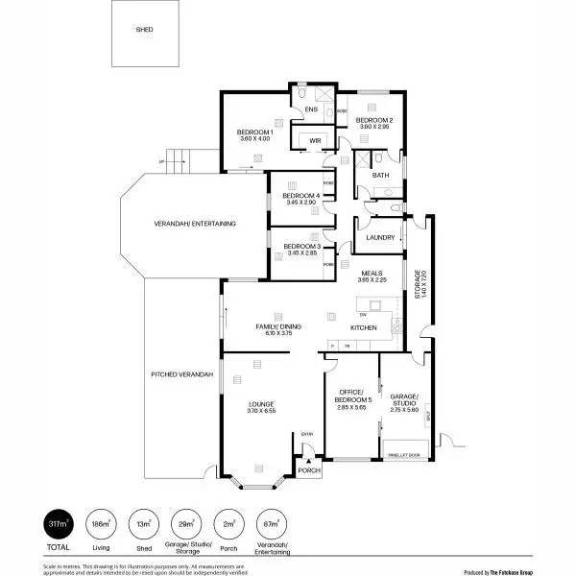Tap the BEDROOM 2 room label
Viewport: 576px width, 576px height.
click(374, 120)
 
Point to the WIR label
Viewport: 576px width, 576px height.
click(314, 140)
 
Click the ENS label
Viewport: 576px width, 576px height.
click(310, 110)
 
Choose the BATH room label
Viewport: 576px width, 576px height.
click(380, 175)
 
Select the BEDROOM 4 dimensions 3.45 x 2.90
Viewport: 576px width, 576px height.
click(301, 203)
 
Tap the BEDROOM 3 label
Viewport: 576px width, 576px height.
click(301, 248)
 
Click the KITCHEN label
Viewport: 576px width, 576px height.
click(363, 328)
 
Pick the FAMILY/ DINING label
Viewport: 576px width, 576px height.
click(278, 327)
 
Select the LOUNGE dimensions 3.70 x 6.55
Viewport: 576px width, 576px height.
click(261, 411)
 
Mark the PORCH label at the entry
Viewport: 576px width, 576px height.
click(308, 471)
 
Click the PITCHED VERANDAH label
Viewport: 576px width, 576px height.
click(181, 373)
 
